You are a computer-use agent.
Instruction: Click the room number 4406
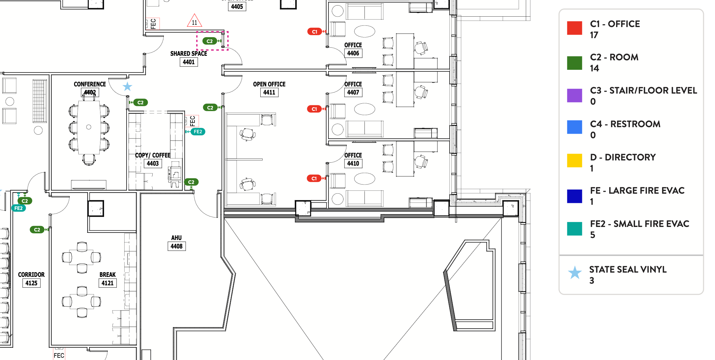point(353,53)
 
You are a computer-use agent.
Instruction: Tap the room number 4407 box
point(353,92)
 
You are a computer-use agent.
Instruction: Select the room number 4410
point(353,163)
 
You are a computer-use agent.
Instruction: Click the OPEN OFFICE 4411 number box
point(269,92)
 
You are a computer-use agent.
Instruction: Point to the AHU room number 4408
point(176,246)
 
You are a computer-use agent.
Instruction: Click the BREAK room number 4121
point(107,283)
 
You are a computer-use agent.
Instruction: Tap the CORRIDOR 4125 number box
point(31,283)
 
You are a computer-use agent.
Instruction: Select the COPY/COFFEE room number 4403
point(153,163)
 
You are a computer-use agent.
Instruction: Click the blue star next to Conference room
point(127,86)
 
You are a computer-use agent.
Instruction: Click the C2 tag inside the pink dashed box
point(210,41)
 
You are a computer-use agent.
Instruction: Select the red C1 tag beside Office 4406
point(314,32)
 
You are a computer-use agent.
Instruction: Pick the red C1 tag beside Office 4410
point(314,178)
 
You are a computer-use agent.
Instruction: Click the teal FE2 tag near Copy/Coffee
point(198,131)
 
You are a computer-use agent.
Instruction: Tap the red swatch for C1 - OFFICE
point(574,28)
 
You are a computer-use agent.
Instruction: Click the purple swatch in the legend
point(574,96)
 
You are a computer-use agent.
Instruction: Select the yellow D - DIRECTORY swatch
point(574,160)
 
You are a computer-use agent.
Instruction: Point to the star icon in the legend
point(575,273)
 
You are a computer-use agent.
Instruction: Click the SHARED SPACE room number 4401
point(189,62)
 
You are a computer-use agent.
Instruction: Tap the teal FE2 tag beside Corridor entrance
point(18,208)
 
